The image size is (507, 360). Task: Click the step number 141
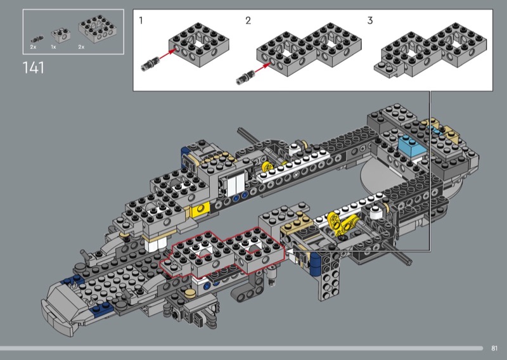tap(34, 68)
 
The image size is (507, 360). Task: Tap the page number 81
tap(494, 349)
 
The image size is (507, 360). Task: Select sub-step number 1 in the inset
tap(141, 21)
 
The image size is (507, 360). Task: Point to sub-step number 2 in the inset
tap(248, 21)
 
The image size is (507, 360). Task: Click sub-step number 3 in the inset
tap(370, 21)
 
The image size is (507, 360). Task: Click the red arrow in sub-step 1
tap(167, 54)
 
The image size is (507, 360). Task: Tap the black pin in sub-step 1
tap(149, 63)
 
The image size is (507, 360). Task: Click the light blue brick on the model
tap(412, 146)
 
